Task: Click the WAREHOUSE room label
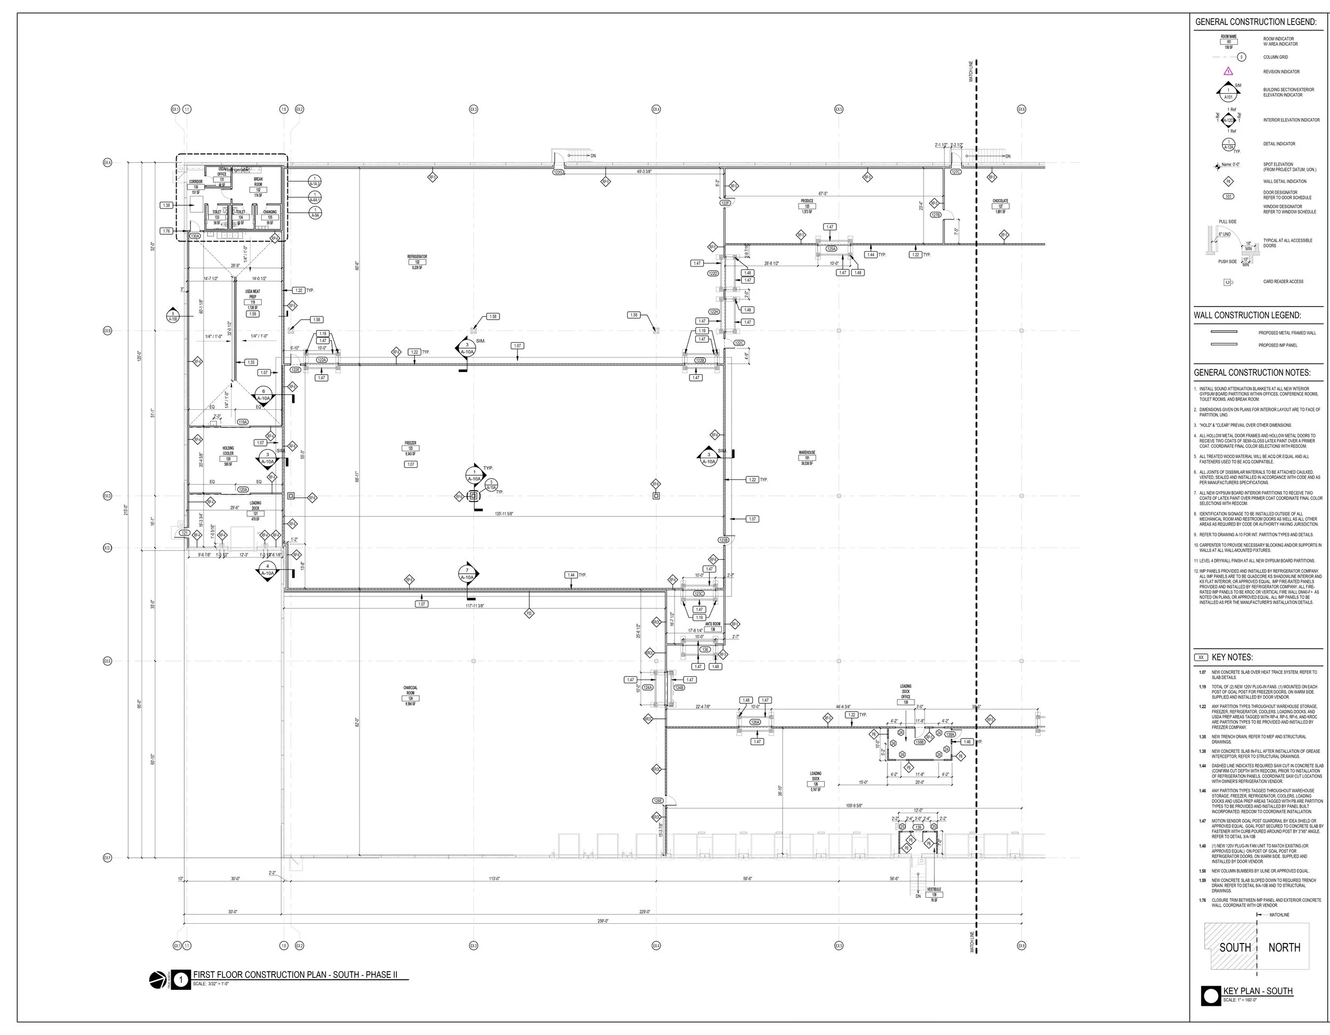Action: [807, 453]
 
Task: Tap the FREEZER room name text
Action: [411, 443]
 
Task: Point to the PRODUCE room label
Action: [807, 201]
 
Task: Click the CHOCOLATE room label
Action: [1000, 201]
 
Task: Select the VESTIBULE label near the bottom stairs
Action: [934, 889]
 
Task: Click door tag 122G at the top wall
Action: [559, 172]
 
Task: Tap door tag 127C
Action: [956, 172]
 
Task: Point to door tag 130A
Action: [195, 236]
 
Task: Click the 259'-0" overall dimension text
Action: [602, 921]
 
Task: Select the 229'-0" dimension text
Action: [644, 912]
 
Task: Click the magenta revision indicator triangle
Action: [1228, 71]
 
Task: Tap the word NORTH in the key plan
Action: [1284, 948]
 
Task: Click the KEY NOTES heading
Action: [1232, 657]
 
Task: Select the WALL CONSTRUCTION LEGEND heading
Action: [1247, 316]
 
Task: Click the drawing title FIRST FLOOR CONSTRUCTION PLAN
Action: [295, 975]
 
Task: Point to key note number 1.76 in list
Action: [1202, 900]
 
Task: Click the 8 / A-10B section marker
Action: [173, 316]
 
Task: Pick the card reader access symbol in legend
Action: [1228, 282]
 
